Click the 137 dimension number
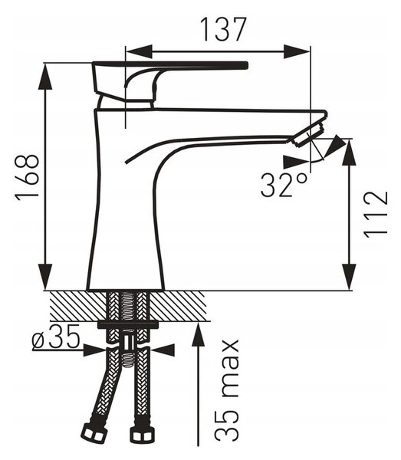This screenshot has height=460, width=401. coord(222,29)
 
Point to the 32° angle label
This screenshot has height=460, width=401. coord(284,185)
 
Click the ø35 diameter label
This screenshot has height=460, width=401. coord(56,337)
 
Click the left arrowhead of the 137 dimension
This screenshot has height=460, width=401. coord(139,51)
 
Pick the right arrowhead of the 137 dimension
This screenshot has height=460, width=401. coord(297,51)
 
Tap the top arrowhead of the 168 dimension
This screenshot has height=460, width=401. coord(45,76)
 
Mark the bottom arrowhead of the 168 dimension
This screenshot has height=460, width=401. coord(45,277)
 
